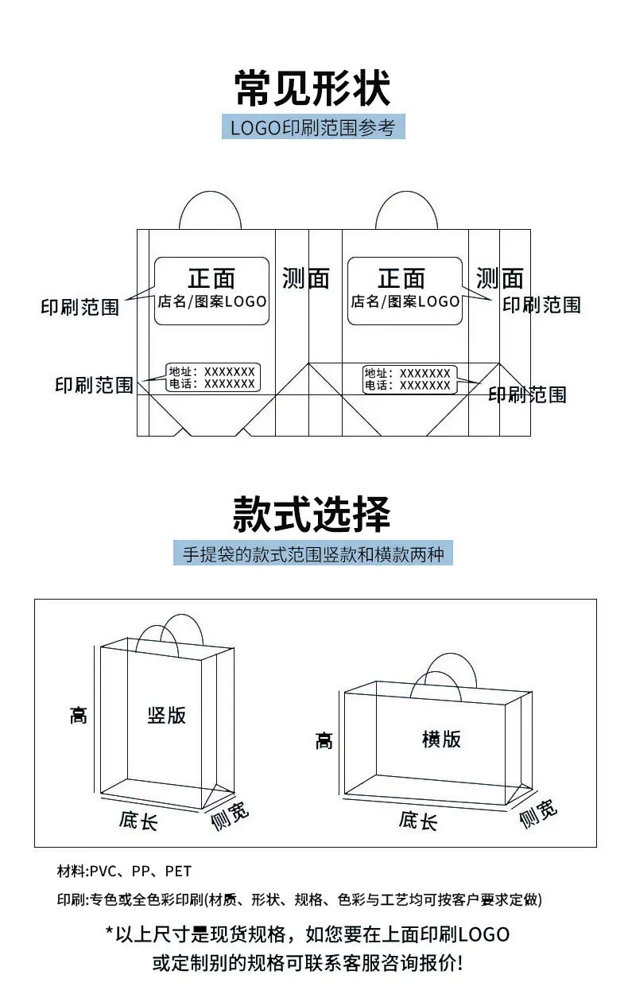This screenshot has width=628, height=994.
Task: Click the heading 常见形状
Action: pyautogui.click(x=312, y=88)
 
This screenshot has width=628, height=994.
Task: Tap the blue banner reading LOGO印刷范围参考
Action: pyautogui.click(x=313, y=127)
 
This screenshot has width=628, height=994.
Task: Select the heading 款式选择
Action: pyautogui.click(x=312, y=514)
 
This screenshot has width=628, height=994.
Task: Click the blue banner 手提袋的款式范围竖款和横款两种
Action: pyautogui.click(x=313, y=553)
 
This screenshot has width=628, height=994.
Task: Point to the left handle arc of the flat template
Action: pyautogui.click(x=210, y=192)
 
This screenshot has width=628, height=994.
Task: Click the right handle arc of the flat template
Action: pyautogui.click(x=406, y=192)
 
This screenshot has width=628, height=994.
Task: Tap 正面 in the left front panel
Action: pyautogui.click(x=211, y=278)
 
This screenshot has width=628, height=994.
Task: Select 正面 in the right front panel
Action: pyautogui.click(x=401, y=278)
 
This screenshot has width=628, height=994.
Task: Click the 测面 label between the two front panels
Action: pyautogui.click(x=306, y=278)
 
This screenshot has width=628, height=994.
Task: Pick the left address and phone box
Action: pyautogui.click(x=213, y=378)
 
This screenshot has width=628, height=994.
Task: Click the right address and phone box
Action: pyautogui.click(x=409, y=379)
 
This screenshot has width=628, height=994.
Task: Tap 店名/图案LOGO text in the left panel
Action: pyautogui.click(x=212, y=301)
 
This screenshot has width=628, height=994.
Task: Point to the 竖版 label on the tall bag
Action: pyautogui.click(x=167, y=716)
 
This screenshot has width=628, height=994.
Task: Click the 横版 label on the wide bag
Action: pyautogui.click(x=441, y=740)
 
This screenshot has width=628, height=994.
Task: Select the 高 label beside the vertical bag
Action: pyautogui.click(x=79, y=716)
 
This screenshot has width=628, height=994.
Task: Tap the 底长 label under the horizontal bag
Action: pyautogui.click(x=418, y=821)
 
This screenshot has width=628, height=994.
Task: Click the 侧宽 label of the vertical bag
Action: pyautogui.click(x=229, y=816)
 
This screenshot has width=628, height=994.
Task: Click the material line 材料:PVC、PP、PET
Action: pyautogui.click(x=124, y=871)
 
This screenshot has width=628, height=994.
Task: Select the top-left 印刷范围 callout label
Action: pyautogui.click(x=79, y=307)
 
